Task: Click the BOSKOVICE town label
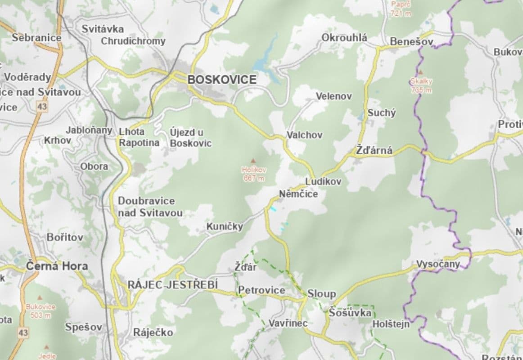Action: tap(222, 80)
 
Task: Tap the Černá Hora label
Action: tap(57, 265)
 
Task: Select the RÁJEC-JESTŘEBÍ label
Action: tap(173, 284)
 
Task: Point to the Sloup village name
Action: tap(321, 294)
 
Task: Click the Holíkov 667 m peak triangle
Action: tap(252, 160)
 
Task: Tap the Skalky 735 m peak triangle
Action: tap(420, 72)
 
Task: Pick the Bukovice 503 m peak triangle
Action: tap(41, 298)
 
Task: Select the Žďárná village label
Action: tap(374, 151)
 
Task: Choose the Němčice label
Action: tap(298, 194)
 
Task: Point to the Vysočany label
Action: tap(438, 264)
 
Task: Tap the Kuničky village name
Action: tap(225, 226)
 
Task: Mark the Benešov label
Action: tap(412, 41)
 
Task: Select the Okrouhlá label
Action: tap(344, 38)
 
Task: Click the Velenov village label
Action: tap(334, 96)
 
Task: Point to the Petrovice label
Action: tap(261, 290)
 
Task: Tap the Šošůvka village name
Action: tap(350, 312)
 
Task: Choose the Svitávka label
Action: tap(103, 29)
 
